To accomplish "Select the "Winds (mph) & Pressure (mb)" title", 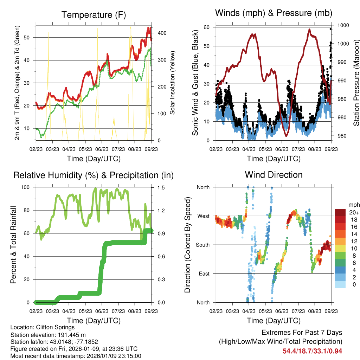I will pos(274,13).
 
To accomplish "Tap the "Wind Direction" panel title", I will pos(274,174).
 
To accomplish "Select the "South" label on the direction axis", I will pos(202,245).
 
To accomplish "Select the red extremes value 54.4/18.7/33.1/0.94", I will pos(312,351).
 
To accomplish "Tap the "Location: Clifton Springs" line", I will pos(43,327).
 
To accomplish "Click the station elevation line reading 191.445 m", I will pos(48,335).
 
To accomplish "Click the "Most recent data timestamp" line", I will pos(76,356).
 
